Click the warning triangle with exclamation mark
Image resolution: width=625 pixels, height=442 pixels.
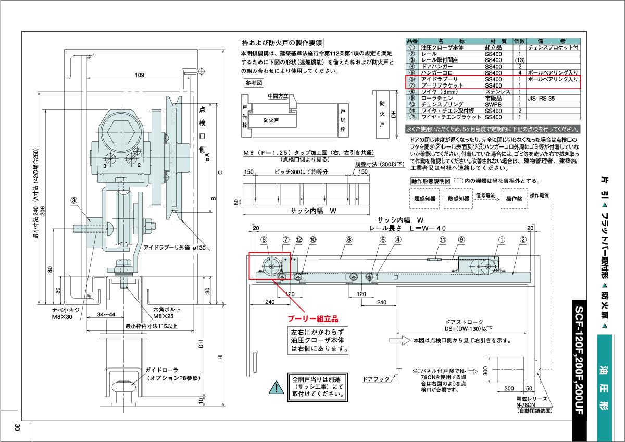pyautogui.click(x=274, y=387)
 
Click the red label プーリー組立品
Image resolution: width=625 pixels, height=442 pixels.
pyautogui.click(x=313, y=317)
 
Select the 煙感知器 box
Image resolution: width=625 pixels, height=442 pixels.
pyautogui.click(x=423, y=199)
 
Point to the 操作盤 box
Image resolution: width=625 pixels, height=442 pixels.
pyautogui.click(x=514, y=199)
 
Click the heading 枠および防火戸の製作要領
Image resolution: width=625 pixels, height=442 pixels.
pyautogui.click(x=281, y=43)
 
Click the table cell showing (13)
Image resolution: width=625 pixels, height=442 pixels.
pyautogui.click(x=519, y=60)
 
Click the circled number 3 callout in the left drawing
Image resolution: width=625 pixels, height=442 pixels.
pyautogui.click(x=74, y=200)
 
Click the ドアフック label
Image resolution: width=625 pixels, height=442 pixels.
pyautogui.click(x=376, y=379)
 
